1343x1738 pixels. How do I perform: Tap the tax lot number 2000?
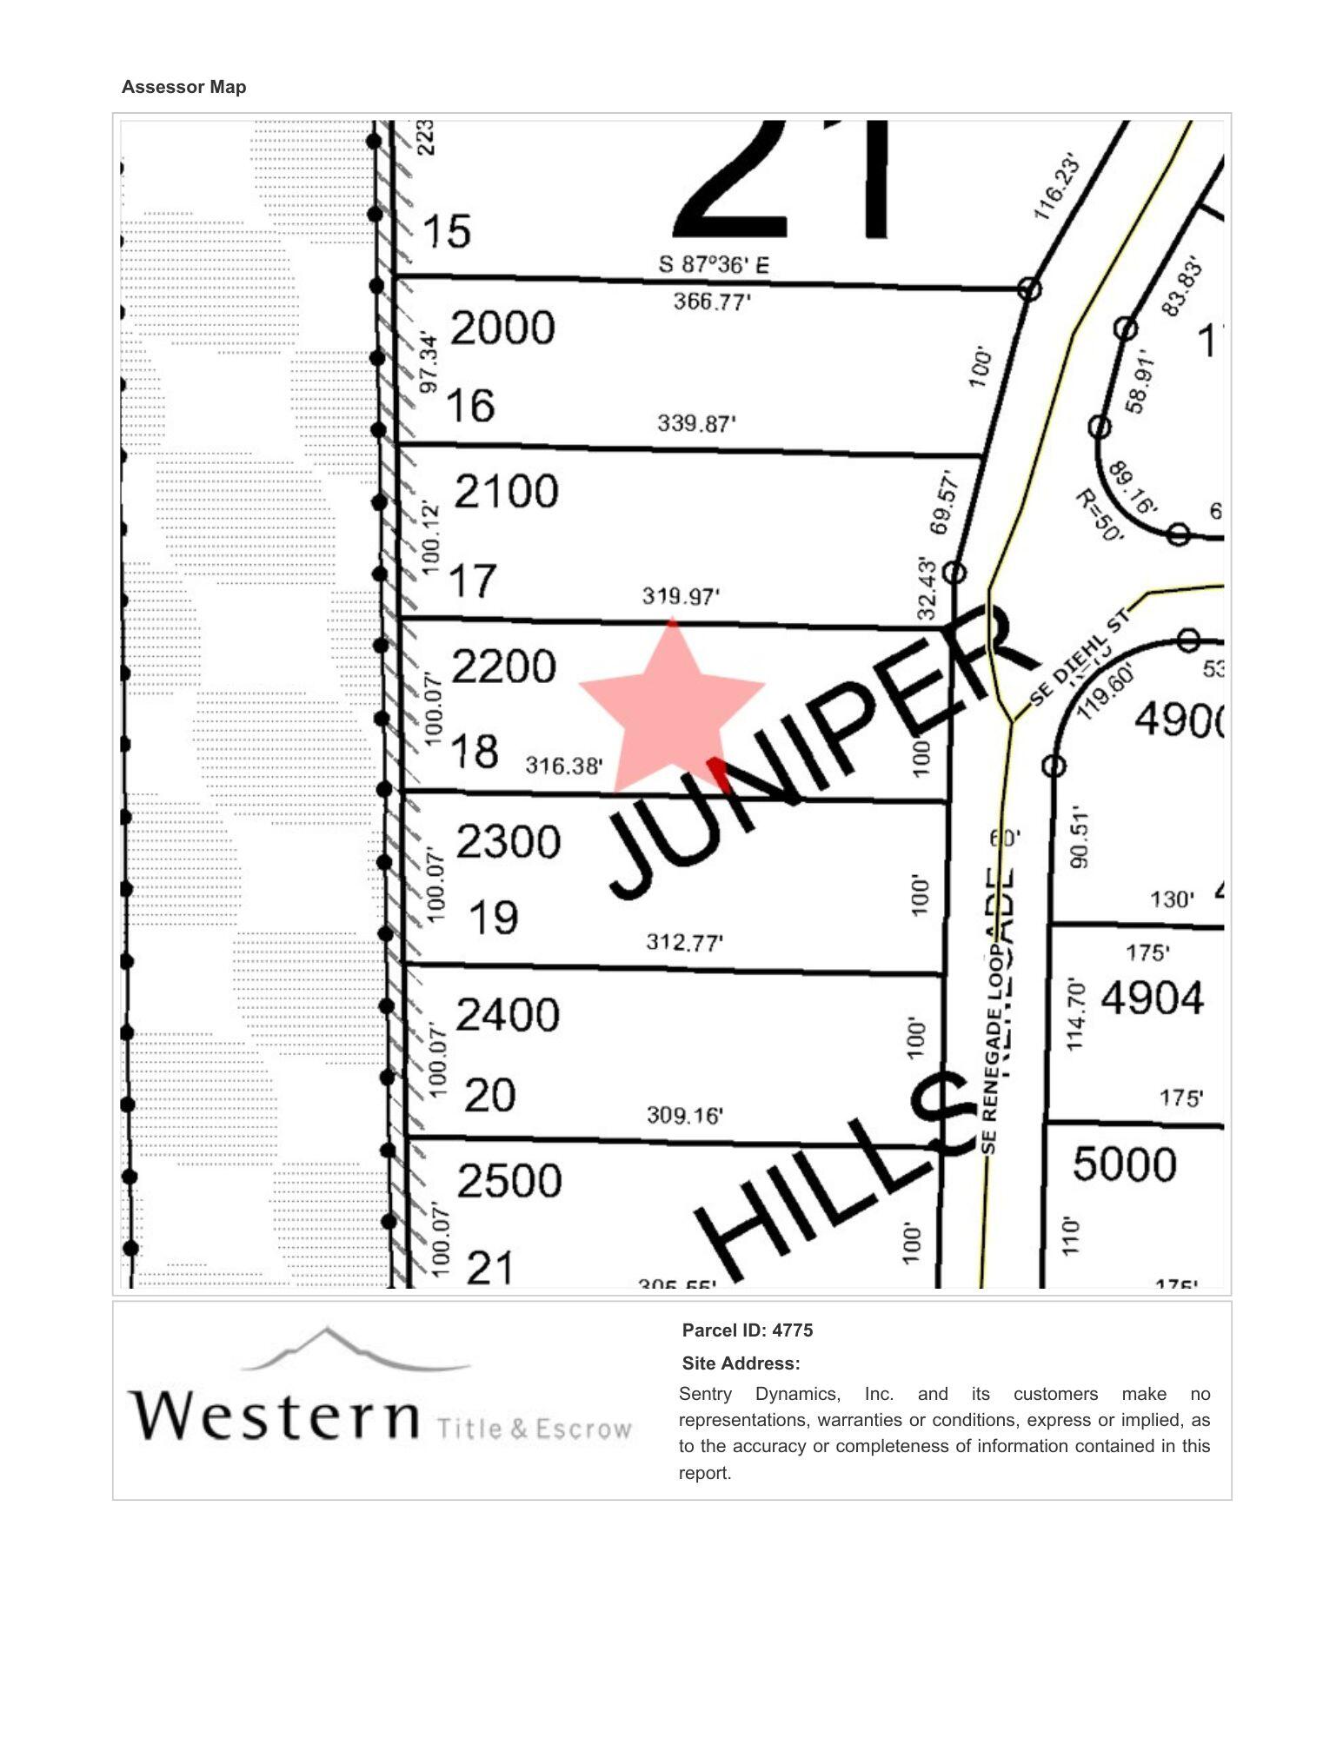502,328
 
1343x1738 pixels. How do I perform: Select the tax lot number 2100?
506,492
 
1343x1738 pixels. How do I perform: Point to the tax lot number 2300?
508,842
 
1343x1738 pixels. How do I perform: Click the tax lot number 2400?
508,1015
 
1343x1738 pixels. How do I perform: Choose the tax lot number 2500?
509,1181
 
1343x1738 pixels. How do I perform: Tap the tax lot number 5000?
1124,1164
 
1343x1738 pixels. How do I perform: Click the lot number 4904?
1152,998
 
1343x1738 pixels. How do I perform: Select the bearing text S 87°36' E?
714,264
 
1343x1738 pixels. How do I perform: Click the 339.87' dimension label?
696,423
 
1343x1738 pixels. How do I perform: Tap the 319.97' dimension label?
681,596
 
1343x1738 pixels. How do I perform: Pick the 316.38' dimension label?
564,766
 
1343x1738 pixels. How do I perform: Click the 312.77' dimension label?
684,942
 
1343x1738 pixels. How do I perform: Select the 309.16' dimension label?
684,1115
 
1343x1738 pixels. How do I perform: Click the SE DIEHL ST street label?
1080,658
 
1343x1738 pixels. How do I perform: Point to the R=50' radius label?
1099,514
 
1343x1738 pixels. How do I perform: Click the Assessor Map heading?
183,87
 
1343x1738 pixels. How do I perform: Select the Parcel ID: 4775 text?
747,1330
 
